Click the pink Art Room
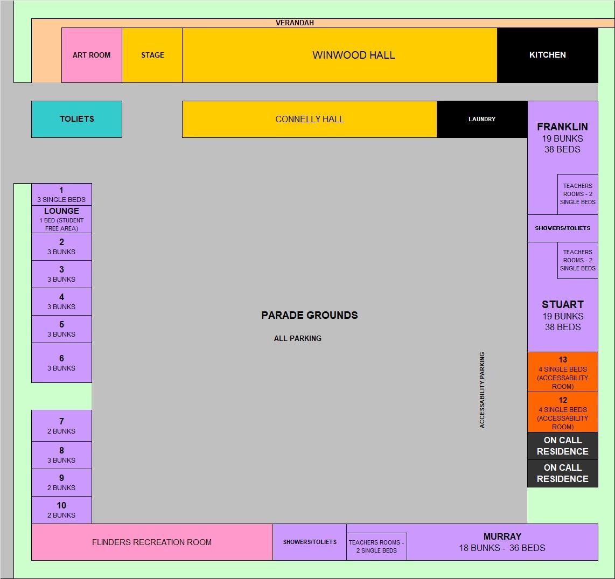coord(92,55)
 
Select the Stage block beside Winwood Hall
coord(152,55)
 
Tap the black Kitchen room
coord(547,55)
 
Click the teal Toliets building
coord(76,119)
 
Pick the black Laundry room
coord(481,119)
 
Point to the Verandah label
coord(295,23)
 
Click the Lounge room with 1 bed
coord(61,219)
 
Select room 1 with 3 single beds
coord(61,194)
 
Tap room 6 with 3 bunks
coord(61,362)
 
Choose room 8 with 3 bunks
coord(61,455)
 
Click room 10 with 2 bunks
coord(61,510)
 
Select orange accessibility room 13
coord(562,372)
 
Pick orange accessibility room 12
coord(562,412)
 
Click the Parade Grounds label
coord(310,316)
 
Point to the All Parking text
coord(297,338)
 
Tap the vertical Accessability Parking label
coord(482,390)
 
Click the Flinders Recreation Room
coord(152,542)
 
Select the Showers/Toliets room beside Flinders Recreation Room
coord(310,542)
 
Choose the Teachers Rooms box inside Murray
coord(376,546)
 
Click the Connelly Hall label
coord(310,119)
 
